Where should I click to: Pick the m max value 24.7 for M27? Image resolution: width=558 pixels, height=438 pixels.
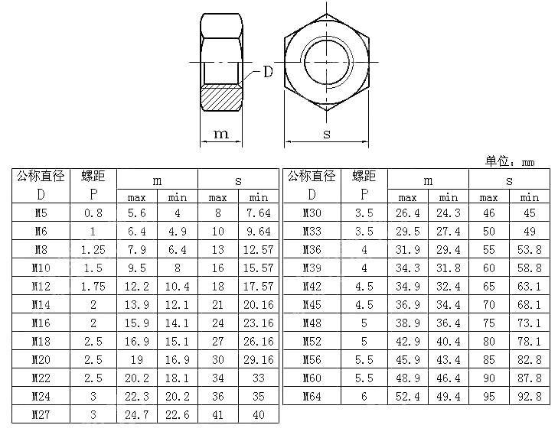pos(137,415)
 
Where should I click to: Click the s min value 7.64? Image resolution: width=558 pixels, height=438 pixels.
pos(259,213)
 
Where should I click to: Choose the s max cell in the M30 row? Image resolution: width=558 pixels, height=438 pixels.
pos(488,213)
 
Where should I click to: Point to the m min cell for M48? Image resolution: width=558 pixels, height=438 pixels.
pos(448,323)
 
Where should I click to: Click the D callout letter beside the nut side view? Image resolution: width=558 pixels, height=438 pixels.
pos(268,73)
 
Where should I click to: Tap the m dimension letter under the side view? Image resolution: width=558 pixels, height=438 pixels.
pos(220,135)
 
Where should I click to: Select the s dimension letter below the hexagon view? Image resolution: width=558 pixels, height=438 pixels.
pos(327,135)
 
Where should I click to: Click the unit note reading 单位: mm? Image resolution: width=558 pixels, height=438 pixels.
pos(509,161)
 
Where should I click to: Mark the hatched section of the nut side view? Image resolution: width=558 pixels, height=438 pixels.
pos(220,97)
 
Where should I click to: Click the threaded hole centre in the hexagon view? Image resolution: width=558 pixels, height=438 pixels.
pos(327,60)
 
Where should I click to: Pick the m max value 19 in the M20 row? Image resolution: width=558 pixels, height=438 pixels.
pos(137,360)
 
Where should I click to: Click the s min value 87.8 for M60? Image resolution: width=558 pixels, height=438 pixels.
pos(529,378)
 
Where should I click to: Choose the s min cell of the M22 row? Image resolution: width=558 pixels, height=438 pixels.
pos(259,378)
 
